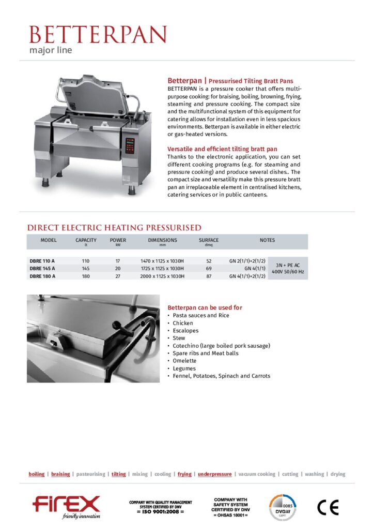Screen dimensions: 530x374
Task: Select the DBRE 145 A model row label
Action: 42,269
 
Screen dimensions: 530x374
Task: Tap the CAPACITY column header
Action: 86,240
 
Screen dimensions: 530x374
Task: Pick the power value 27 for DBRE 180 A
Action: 118,276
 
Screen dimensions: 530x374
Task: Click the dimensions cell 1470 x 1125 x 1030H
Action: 162,261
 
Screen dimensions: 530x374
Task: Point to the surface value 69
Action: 209,269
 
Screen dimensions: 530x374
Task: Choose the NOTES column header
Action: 268,240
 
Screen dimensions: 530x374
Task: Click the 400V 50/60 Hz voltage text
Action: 288,272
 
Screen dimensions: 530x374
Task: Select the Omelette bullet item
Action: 184,361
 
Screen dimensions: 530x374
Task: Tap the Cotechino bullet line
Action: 222,346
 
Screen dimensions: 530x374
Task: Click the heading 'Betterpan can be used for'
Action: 205,307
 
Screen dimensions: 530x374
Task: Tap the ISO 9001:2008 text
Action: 160,511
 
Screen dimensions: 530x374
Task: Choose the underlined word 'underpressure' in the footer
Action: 214,474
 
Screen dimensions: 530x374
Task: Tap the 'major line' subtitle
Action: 51,50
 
